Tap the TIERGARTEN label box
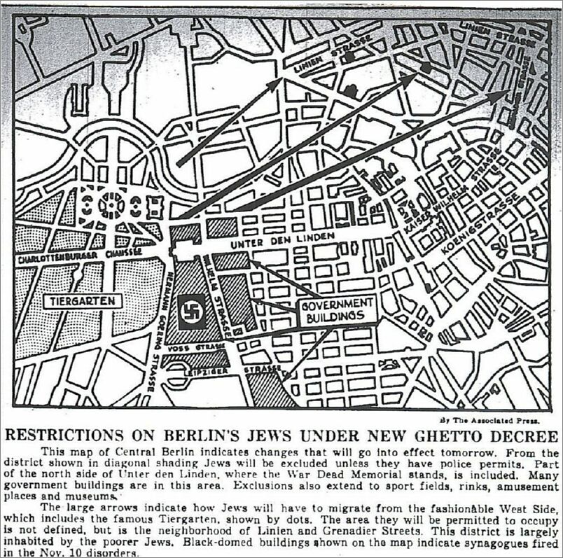pos(83,302)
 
